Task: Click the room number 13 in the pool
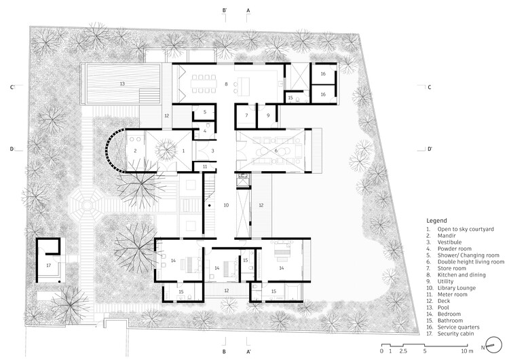pyautogui.click(x=122, y=83)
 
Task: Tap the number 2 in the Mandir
pyautogui.click(x=136, y=150)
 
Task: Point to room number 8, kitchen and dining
pyautogui.click(x=227, y=83)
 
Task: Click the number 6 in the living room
pyautogui.click(x=276, y=150)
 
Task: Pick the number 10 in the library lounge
pyautogui.click(x=227, y=204)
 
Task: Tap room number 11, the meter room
pyautogui.click(x=205, y=166)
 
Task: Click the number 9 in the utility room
pyautogui.click(x=268, y=115)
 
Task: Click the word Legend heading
pyautogui.click(x=437, y=221)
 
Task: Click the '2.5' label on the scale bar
pyautogui.click(x=404, y=350)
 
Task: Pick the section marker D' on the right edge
pyautogui.click(x=430, y=149)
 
